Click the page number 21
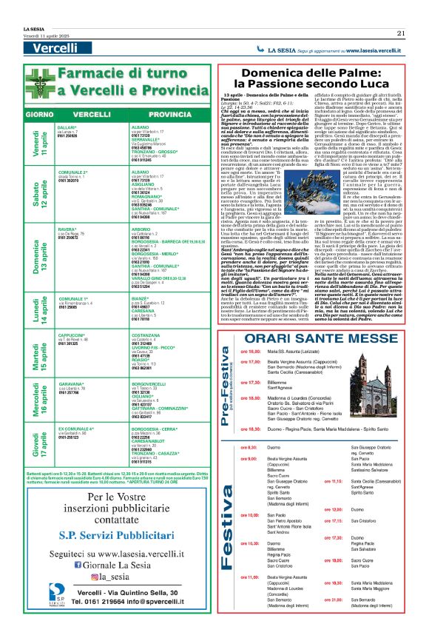(x=400, y=33)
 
